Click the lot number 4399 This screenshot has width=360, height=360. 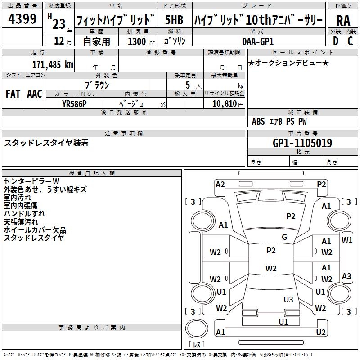[22, 19]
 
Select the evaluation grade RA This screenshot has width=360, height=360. [343, 21]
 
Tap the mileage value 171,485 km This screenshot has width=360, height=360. [53, 65]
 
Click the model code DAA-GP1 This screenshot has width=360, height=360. [257, 41]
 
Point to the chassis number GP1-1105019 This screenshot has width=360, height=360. [302, 143]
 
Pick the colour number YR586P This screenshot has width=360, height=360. [74, 104]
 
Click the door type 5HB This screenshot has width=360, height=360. [174, 20]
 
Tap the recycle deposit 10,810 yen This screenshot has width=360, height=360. [228, 104]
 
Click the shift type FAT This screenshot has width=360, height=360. [13, 94]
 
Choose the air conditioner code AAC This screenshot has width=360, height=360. [35, 94]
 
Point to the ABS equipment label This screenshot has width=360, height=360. [258, 121]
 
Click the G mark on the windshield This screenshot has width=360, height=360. [284, 237]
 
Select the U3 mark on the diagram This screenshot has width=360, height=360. [288, 300]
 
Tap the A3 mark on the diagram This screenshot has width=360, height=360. [346, 276]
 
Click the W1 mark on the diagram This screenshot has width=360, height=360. [346, 240]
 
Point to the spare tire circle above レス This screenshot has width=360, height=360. [197, 328]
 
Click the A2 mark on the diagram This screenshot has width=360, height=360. [220, 184]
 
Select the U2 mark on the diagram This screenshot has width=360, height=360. [321, 332]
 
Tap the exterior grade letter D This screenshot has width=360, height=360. [336, 41]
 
